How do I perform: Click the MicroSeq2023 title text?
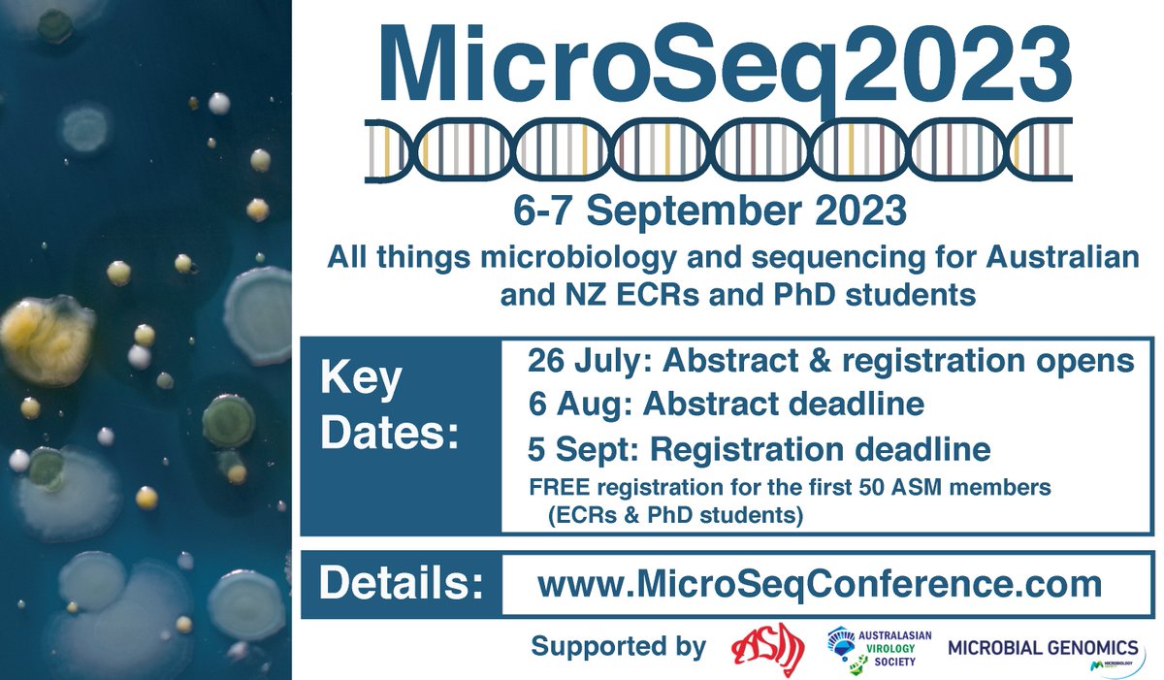[x=719, y=68]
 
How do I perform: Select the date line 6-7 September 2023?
[x=719, y=210]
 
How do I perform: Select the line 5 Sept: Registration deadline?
[x=759, y=449]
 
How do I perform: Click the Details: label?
[x=401, y=585]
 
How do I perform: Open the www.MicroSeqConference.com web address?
[x=820, y=584]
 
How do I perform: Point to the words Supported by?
[x=618, y=647]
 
